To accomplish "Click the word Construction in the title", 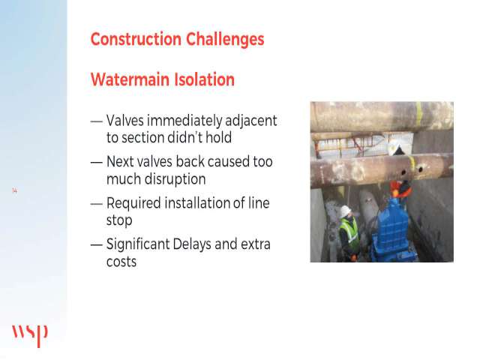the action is pos(136,39).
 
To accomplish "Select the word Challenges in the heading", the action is pos(225,39).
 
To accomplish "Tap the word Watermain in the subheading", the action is pos(130,79).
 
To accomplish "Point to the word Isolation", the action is pos(205,79).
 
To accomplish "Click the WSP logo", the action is pos(30,335).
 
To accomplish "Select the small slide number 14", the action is pos(14,190).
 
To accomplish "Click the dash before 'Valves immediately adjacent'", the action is pos(97,121).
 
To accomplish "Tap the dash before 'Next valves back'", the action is pos(97,162).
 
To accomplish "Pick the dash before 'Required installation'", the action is pos(97,203).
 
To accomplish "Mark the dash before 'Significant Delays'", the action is pos(97,245).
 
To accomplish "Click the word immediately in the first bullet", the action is pos(184,121).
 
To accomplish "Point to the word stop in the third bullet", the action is pos(119,220).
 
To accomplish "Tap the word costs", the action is pos(121,262).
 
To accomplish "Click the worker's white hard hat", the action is pos(345,211).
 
